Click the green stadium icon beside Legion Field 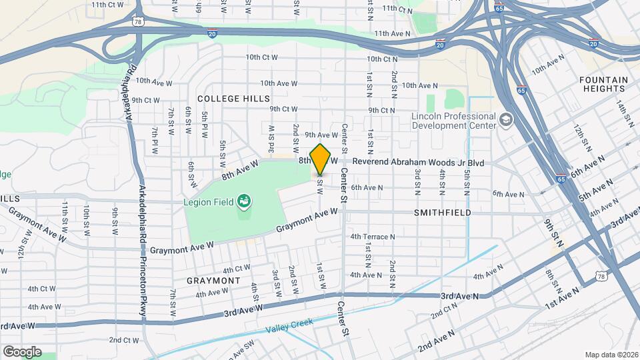(243, 200)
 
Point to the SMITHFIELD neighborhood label (443, 213)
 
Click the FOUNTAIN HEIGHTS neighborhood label (603, 85)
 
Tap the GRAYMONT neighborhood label (213, 281)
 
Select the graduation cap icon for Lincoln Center (506, 120)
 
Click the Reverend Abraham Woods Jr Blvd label (417, 162)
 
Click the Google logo (22, 351)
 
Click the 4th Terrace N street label (373, 236)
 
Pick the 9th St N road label (553, 229)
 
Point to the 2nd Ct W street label (124, 340)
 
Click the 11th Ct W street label (108, 5)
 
